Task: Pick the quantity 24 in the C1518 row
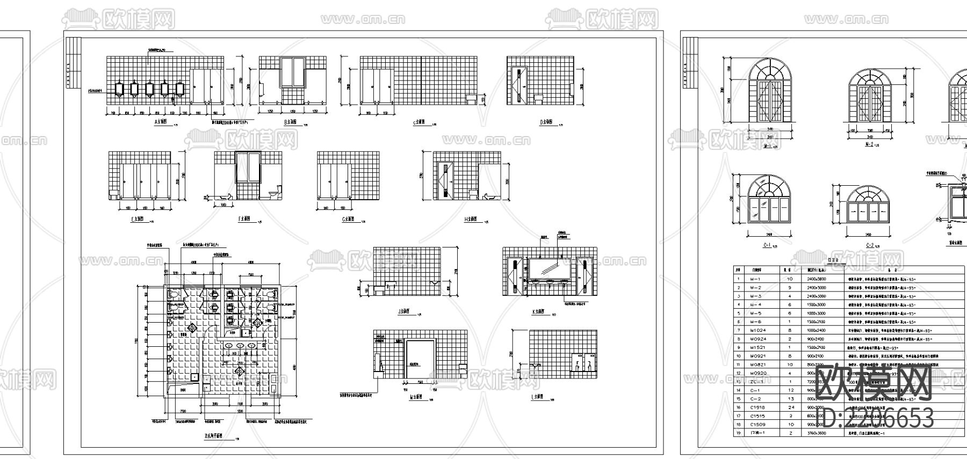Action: coord(790,407)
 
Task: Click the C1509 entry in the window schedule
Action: coord(757,424)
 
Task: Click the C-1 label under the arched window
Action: coord(767,245)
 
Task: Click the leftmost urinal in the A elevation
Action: coord(119,89)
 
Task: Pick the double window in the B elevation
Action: coord(292,71)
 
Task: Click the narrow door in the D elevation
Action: coord(519,84)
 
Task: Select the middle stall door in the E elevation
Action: coord(139,181)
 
